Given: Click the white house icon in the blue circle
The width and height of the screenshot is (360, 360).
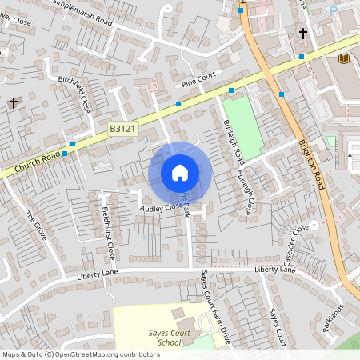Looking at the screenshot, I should (179, 172).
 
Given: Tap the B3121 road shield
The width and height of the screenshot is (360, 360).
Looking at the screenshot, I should (122, 128).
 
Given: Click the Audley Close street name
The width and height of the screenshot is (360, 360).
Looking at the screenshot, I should (161, 206).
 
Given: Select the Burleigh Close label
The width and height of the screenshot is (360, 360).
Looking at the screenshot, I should (244, 194).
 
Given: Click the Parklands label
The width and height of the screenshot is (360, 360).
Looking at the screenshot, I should (334, 318).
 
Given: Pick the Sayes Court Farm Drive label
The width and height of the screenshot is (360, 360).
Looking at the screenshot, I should (216, 308).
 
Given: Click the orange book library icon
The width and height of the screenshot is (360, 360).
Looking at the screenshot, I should (345, 58).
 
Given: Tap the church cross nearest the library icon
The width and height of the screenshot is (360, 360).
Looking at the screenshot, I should (303, 33).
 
